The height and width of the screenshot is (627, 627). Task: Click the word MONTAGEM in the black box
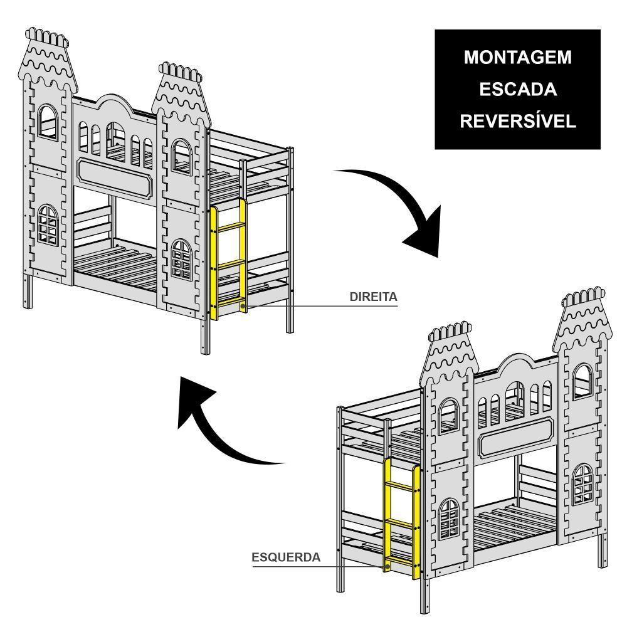click(517, 58)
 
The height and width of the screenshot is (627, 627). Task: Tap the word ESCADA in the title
click(517, 90)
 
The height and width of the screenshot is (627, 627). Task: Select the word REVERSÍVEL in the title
click(517, 122)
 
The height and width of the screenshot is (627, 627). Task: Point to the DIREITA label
click(373, 297)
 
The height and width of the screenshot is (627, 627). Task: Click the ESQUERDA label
click(286, 557)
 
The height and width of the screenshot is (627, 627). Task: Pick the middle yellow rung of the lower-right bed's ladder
click(401, 520)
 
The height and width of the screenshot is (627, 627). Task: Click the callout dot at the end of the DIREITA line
click(243, 306)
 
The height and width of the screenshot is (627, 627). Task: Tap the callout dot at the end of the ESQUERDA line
click(388, 566)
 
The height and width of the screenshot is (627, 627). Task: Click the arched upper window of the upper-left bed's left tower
click(48, 122)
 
